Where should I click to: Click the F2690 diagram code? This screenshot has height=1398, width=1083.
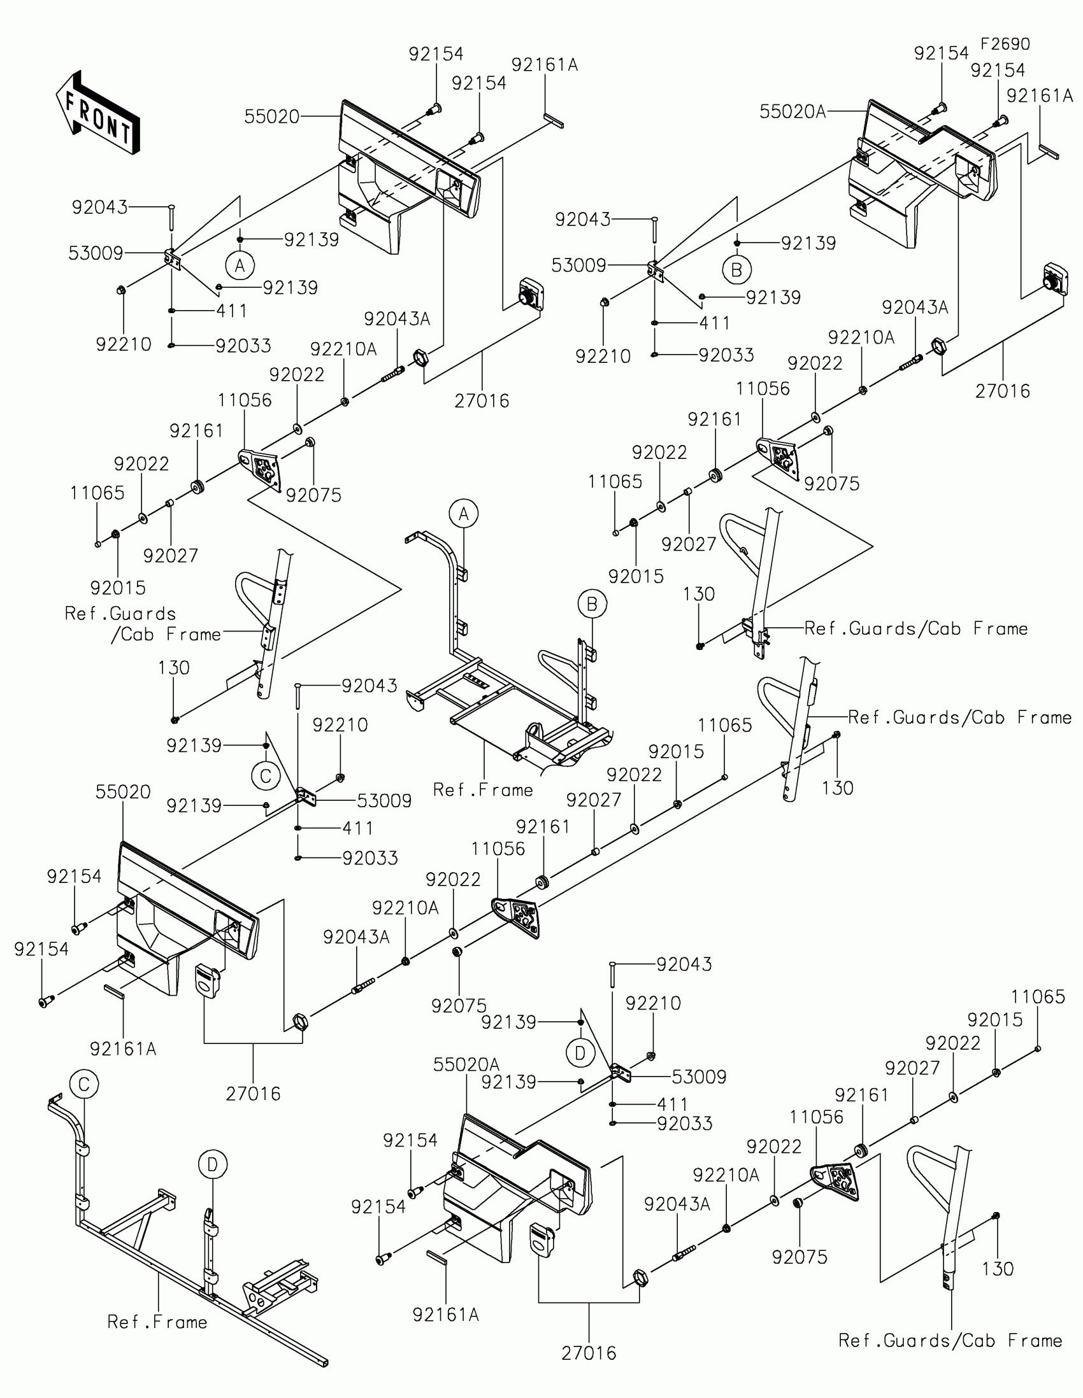(x=1005, y=44)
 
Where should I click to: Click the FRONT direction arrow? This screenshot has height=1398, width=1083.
(x=98, y=113)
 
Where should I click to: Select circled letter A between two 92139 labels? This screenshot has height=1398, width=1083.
(x=240, y=265)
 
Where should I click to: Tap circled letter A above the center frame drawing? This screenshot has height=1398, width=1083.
(x=464, y=514)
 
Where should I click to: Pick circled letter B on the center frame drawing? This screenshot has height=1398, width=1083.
(x=592, y=604)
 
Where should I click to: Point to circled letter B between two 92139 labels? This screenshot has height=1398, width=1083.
(x=736, y=269)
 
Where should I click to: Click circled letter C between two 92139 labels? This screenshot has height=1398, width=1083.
(x=266, y=777)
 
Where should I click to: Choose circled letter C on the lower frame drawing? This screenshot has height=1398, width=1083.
(x=84, y=1084)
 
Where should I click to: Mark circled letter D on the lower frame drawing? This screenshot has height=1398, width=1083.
(x=213, y=1164)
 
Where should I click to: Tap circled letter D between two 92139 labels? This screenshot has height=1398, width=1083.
(x=580, y=1053)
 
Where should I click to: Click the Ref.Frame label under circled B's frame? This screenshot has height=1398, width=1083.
(x=483, y=790)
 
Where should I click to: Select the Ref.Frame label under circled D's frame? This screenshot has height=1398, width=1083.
(x=157, y=1322)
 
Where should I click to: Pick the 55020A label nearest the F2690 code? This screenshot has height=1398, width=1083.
(x=793, y=111)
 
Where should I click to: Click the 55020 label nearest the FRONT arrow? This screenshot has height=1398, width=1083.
(x=271, y=117)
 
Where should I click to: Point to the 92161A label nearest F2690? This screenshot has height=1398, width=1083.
(x=1039, y=96)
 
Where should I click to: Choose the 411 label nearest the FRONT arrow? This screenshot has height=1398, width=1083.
(x=231, y=311)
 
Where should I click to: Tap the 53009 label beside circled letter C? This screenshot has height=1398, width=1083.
(x=384, y=801)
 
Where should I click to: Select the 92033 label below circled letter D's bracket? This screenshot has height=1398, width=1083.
(x=685, y=1124)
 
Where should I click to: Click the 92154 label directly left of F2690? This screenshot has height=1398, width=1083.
(x=941, y=53)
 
